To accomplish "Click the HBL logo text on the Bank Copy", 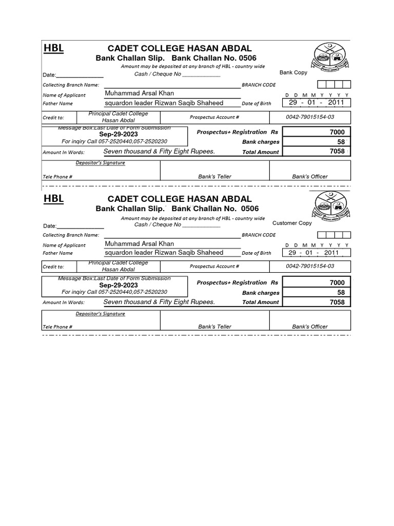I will click(53, 49).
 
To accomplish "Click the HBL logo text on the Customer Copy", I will click(53, 199).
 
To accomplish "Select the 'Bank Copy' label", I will click(293, 73).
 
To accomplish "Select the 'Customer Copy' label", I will click(292, 223).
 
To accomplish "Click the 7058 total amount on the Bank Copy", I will click(337, 152).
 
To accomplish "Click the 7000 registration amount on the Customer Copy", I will click(337, 283).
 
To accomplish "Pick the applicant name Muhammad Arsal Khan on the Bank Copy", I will click(139, 93).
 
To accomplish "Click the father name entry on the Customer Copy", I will click(164, 253).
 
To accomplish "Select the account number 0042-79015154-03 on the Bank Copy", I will click(310, 117).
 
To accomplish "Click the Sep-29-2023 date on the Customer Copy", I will click(119, 285).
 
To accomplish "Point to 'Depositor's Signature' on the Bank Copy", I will click(100, 163).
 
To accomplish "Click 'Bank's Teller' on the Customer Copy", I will click(214, 327).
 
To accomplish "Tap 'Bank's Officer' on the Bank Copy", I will click(310, 177).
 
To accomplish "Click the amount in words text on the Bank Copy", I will click(159, 152).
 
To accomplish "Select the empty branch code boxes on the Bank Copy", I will click(334, 85).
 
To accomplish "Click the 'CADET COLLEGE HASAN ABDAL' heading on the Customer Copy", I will click(180, 199).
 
